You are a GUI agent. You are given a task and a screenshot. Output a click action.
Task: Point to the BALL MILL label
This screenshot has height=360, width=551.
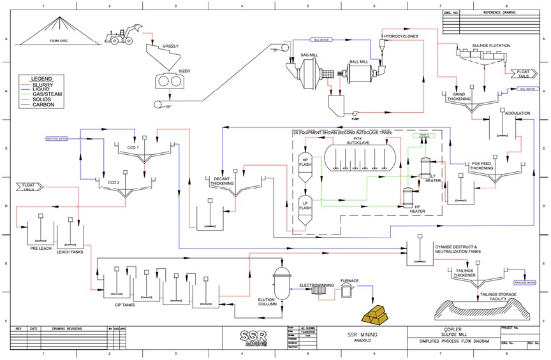click(358, 62)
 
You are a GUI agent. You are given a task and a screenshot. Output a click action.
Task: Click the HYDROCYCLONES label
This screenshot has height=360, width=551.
click(400, 36)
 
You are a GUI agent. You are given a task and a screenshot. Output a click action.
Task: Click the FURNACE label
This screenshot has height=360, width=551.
click(349, 281)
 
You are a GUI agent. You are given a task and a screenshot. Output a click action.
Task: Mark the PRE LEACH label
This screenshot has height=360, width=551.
click(40, 248)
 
